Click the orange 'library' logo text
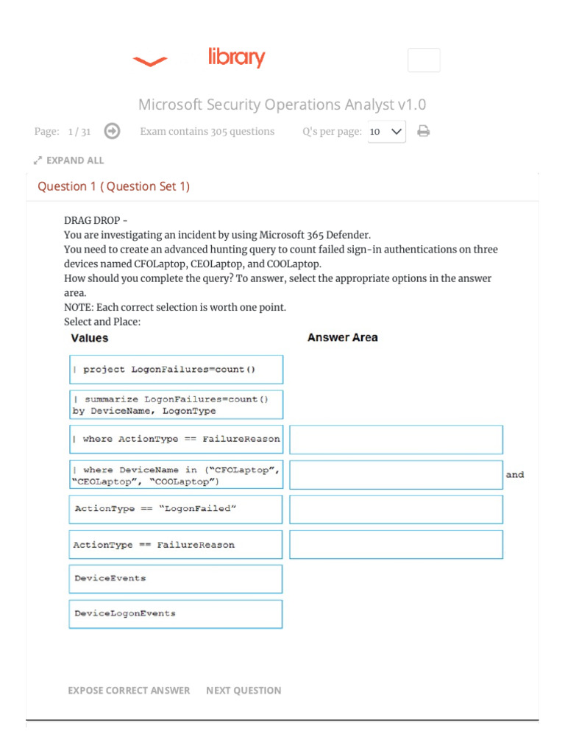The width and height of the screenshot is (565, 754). (x=236, y=57)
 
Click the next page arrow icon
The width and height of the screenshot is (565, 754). (x=112, y=131)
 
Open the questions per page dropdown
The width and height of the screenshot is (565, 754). (x=386, y=132)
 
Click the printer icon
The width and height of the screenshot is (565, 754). (x=423, y=131)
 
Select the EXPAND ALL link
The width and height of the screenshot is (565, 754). (x=69, y=161)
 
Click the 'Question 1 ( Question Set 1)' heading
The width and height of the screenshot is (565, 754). (x=113, y=186)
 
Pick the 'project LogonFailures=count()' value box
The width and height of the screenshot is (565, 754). (x=176, y=369)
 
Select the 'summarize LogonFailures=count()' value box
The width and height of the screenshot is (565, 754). (x=176, y=404)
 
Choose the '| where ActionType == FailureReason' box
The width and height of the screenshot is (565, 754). (x=176, y=439)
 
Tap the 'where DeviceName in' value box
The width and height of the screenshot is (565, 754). (x=176, y=475)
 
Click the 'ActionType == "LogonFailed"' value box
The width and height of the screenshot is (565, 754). (x=176, y=509)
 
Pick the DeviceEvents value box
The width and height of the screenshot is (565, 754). (x=176, y=579)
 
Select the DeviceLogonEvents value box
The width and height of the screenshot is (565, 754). (x=176, y=613)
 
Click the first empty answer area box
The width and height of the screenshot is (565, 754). (x=396, y=440)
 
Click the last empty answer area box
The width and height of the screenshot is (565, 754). (x=396, y=544)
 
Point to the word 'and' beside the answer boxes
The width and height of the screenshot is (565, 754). (x=515, y=475)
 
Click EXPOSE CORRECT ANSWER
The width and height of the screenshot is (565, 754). (x=129, y=690)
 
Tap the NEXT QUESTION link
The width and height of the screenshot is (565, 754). (x=244, y=690)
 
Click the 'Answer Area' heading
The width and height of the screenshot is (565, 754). (x=342, y=337)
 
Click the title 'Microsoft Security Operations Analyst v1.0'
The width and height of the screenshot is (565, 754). (x=282, y=105)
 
